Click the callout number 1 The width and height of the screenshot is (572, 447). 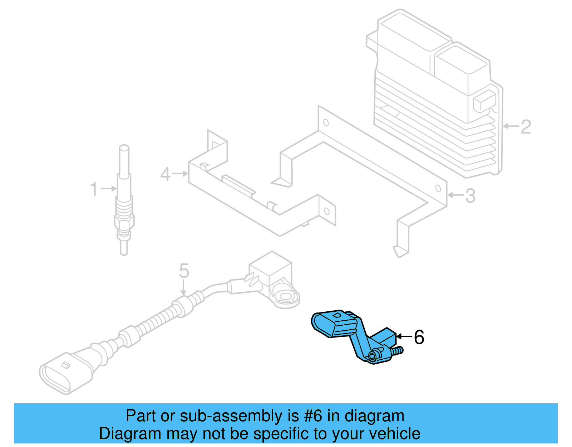(x=94, y=189)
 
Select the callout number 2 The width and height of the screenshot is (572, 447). (x=526, y=127)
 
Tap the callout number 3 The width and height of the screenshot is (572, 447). (x=470, y=196)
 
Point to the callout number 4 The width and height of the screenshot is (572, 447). (x=165, y=174)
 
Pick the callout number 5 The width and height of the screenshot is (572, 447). (x=184, y=271)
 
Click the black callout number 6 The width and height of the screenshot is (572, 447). (x=419, y=337)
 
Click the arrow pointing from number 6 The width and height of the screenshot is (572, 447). (x=404, y=336)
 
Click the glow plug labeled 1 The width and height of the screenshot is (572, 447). (x=124, y=200)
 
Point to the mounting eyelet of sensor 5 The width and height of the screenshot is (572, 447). (x=286, y=297)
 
